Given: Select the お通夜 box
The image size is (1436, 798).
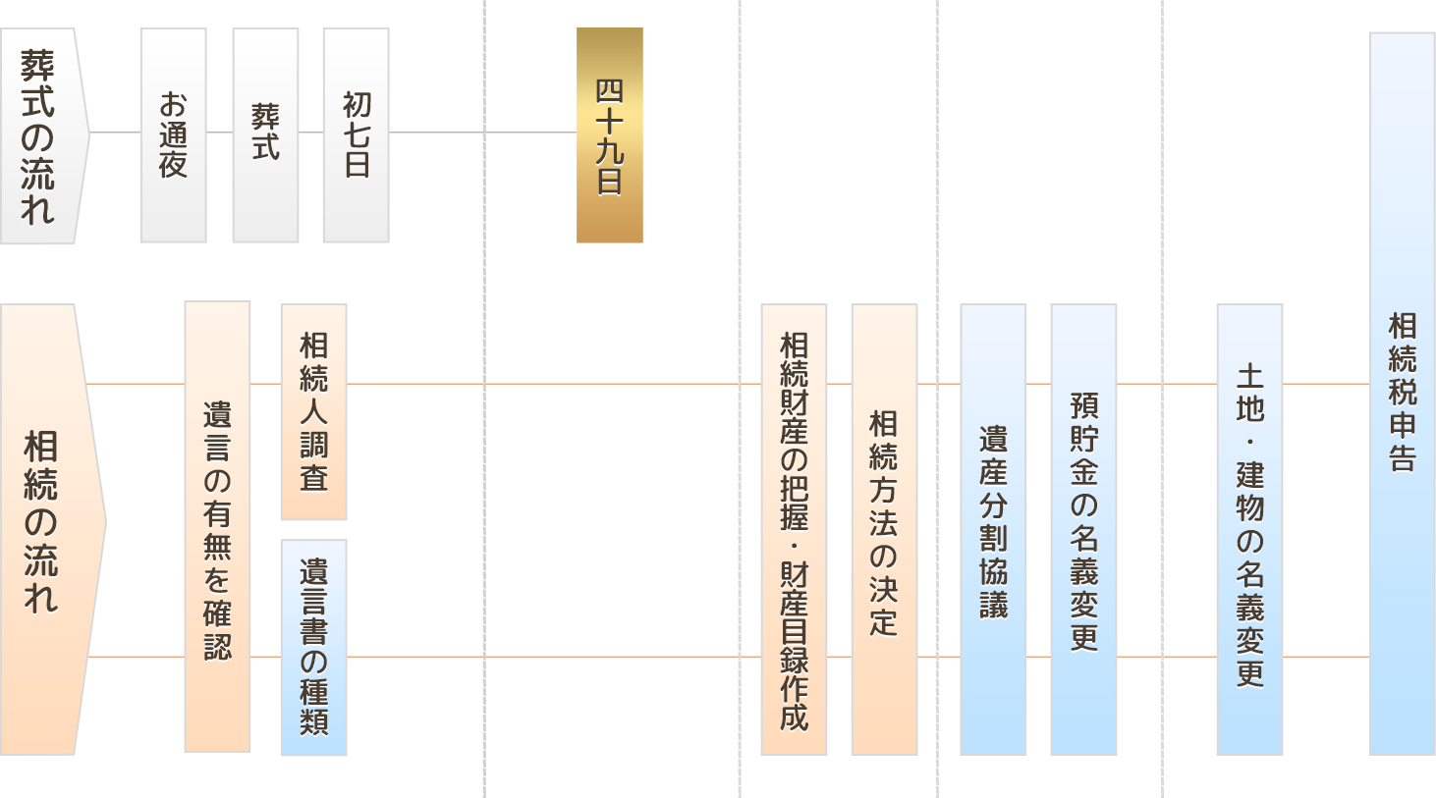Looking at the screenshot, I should coord(173,135).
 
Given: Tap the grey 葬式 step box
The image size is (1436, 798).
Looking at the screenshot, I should coord(265,135).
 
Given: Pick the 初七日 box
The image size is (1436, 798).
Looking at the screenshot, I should coord(356,135).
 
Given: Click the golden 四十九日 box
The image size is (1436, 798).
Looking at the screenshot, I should coord(610,135).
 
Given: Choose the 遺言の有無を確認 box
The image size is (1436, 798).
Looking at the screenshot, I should coord(217,528).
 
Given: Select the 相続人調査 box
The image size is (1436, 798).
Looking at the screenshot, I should coord(313,412).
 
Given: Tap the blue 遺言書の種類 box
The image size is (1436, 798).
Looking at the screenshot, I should coord(313,648).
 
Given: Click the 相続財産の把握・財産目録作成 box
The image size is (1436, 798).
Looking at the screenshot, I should coord(794,530).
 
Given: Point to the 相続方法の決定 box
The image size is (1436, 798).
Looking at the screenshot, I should coord(884,530).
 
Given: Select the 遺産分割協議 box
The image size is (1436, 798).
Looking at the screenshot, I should coord(993,530).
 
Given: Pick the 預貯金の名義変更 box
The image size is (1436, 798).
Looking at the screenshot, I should coord(1083,530).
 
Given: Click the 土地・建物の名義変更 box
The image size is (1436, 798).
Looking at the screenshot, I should coord(1249,530).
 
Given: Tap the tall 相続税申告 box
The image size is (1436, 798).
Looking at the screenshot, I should coord(1403,393).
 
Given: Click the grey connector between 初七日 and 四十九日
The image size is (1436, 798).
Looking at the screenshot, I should coord(481,132).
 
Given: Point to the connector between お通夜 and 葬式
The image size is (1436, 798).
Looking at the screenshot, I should coord(219,132).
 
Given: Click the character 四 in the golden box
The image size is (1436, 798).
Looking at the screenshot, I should coord(610,91).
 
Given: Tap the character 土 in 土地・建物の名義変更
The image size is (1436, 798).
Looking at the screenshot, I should coord(1249,376).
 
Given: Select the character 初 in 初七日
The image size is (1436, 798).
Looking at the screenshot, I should coord(356,104).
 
